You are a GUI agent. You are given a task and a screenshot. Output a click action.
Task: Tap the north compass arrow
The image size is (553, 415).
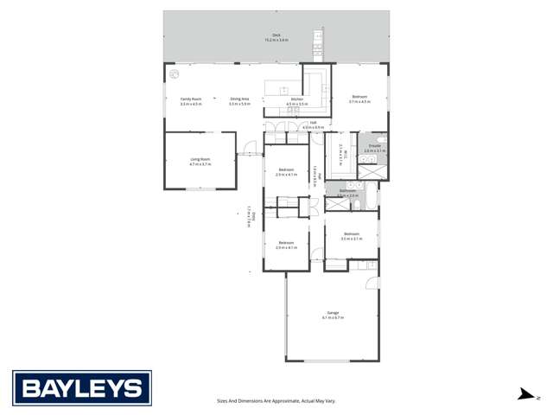pos(524,395)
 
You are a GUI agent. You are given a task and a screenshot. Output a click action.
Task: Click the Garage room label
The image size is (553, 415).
pos(333,312)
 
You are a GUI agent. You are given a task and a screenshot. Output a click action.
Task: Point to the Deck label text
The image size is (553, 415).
pos(276,35)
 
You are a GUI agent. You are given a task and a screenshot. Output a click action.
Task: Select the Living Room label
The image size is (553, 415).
pos(200,158)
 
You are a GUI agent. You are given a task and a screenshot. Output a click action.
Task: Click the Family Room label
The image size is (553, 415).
pos(191,99)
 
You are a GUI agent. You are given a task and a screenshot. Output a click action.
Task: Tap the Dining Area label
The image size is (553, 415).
pos(239,99)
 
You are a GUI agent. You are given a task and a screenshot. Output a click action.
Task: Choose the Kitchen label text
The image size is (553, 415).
pos(296,99)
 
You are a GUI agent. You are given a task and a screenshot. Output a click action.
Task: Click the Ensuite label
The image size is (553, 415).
pos(375,145)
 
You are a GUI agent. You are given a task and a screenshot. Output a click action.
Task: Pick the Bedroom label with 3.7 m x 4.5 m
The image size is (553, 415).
pos(359,97)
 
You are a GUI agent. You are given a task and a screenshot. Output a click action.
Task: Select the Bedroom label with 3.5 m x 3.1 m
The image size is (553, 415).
pos(351,233)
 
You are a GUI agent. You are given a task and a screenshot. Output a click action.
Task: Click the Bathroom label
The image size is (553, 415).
pos(347,190)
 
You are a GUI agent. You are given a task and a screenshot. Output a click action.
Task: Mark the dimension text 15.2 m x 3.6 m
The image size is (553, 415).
pos(276,41)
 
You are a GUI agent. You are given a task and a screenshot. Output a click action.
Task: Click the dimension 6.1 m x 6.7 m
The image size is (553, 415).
pos(333,317)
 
